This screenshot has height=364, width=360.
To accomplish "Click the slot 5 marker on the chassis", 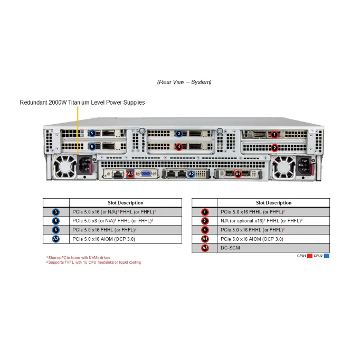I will pyautogui.click(x=92, y=133).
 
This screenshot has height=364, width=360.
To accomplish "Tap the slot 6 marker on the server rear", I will pyautogui.click(x=92, y=146).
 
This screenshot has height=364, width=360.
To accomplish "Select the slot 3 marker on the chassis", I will pyautogui.click(x=179, y=134).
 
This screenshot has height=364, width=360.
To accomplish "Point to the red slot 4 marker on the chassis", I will pyautogui.click(x=179, y=147).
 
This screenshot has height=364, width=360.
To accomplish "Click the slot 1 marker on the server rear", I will pyautogui.click(x=274, y=135).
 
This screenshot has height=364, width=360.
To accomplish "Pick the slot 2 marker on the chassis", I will pyautogui.click(x=274, y=147).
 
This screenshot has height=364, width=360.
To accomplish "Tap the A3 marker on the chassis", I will pyautogui.click(x=130, y=174).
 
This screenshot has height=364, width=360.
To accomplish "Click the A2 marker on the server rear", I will pyautogui.click(x=192, y=174).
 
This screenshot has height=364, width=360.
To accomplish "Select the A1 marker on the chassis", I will pyautogui.click(x=238, y=173).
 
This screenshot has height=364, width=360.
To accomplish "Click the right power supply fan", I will pyautogui.click(x=284, y=167).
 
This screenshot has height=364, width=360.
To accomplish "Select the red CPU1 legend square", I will pyautogui.click(x=309, y=256).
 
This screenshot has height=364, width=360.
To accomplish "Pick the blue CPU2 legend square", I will pyautogui.click(x=326, y=256).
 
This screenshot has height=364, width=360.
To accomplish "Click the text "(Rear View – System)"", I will pyautogui.click(x=184, y=82).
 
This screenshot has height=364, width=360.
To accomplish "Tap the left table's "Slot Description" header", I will pyautogui.click(x=125, y=203).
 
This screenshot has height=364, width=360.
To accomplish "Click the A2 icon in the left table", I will pyautogui.click(x=56, y=239).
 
